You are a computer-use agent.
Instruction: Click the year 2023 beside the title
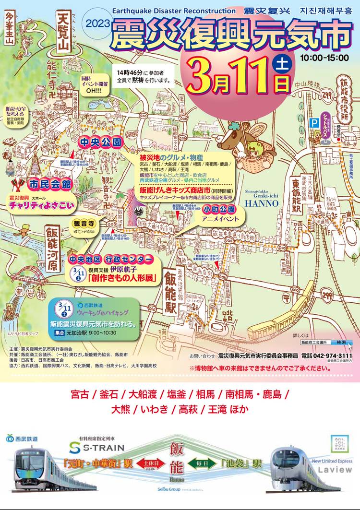pyautogui.click(x=98, y=23)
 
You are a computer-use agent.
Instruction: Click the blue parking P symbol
pyautogui.click(x=315, y=122)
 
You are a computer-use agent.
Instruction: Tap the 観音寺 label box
pyautogui.click(x=84, y=224)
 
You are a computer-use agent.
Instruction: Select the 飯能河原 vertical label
pyautogui.click(x=52, y=249)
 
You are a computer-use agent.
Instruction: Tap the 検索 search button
pyautogui.click(x=341, y=343)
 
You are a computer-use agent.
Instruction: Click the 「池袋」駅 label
pyautogui.click(x=241, y=464)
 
